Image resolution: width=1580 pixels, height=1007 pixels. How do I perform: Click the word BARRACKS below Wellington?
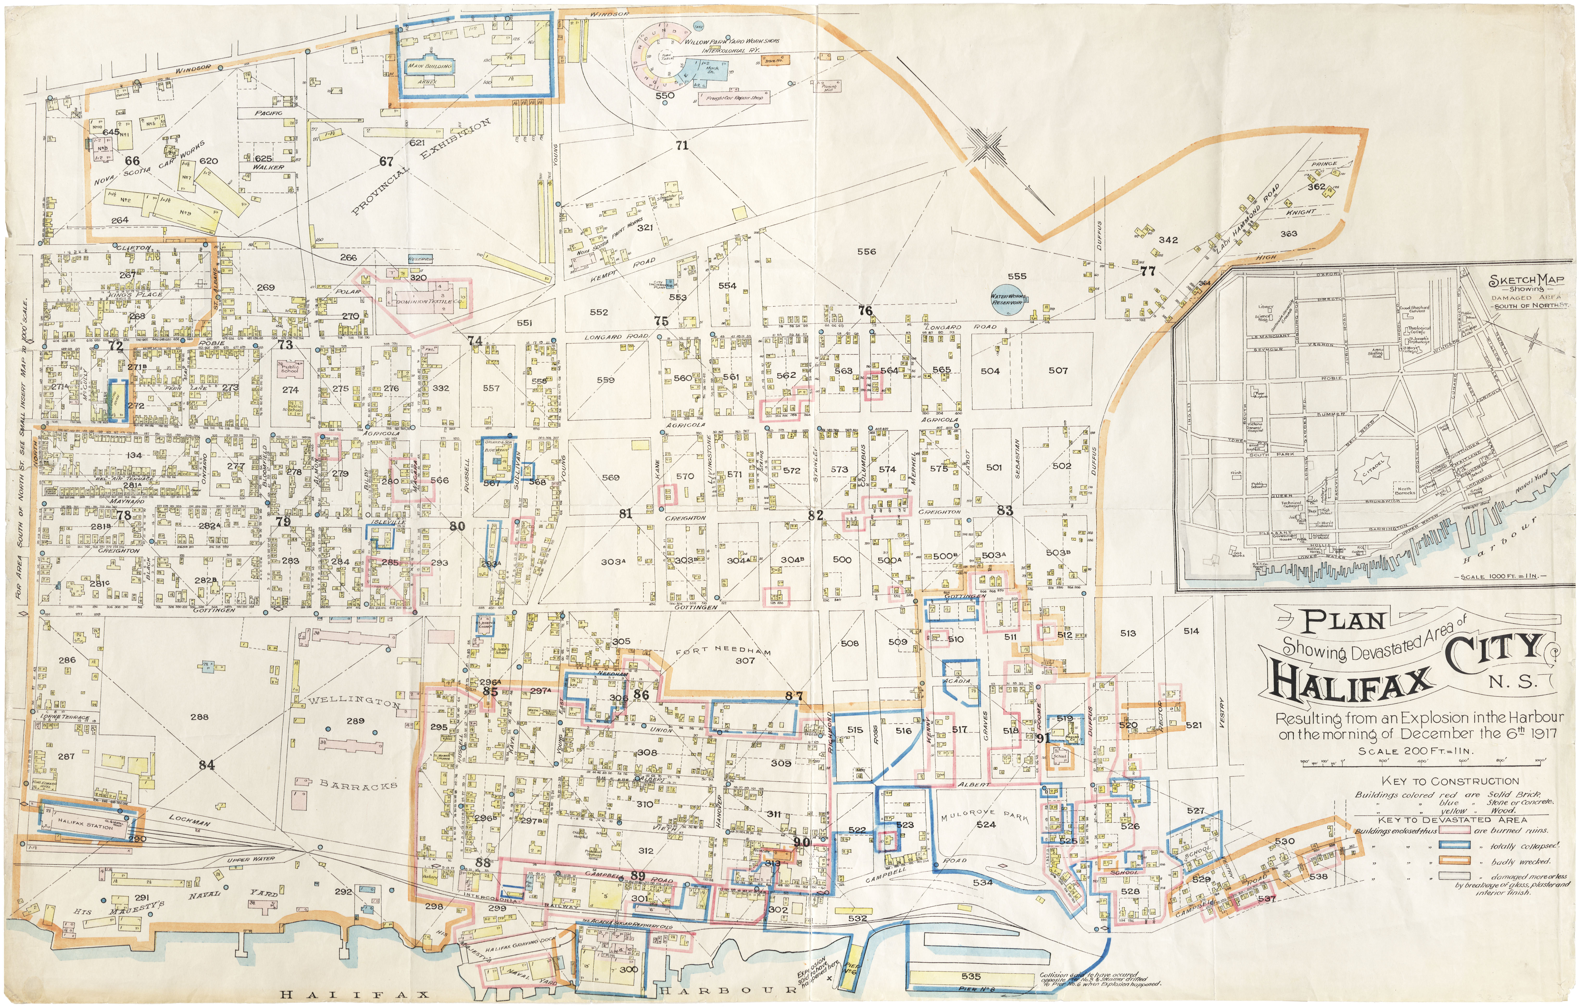click(x=358, y=785)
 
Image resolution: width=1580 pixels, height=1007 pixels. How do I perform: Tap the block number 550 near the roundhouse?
click(x=665, y=95)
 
